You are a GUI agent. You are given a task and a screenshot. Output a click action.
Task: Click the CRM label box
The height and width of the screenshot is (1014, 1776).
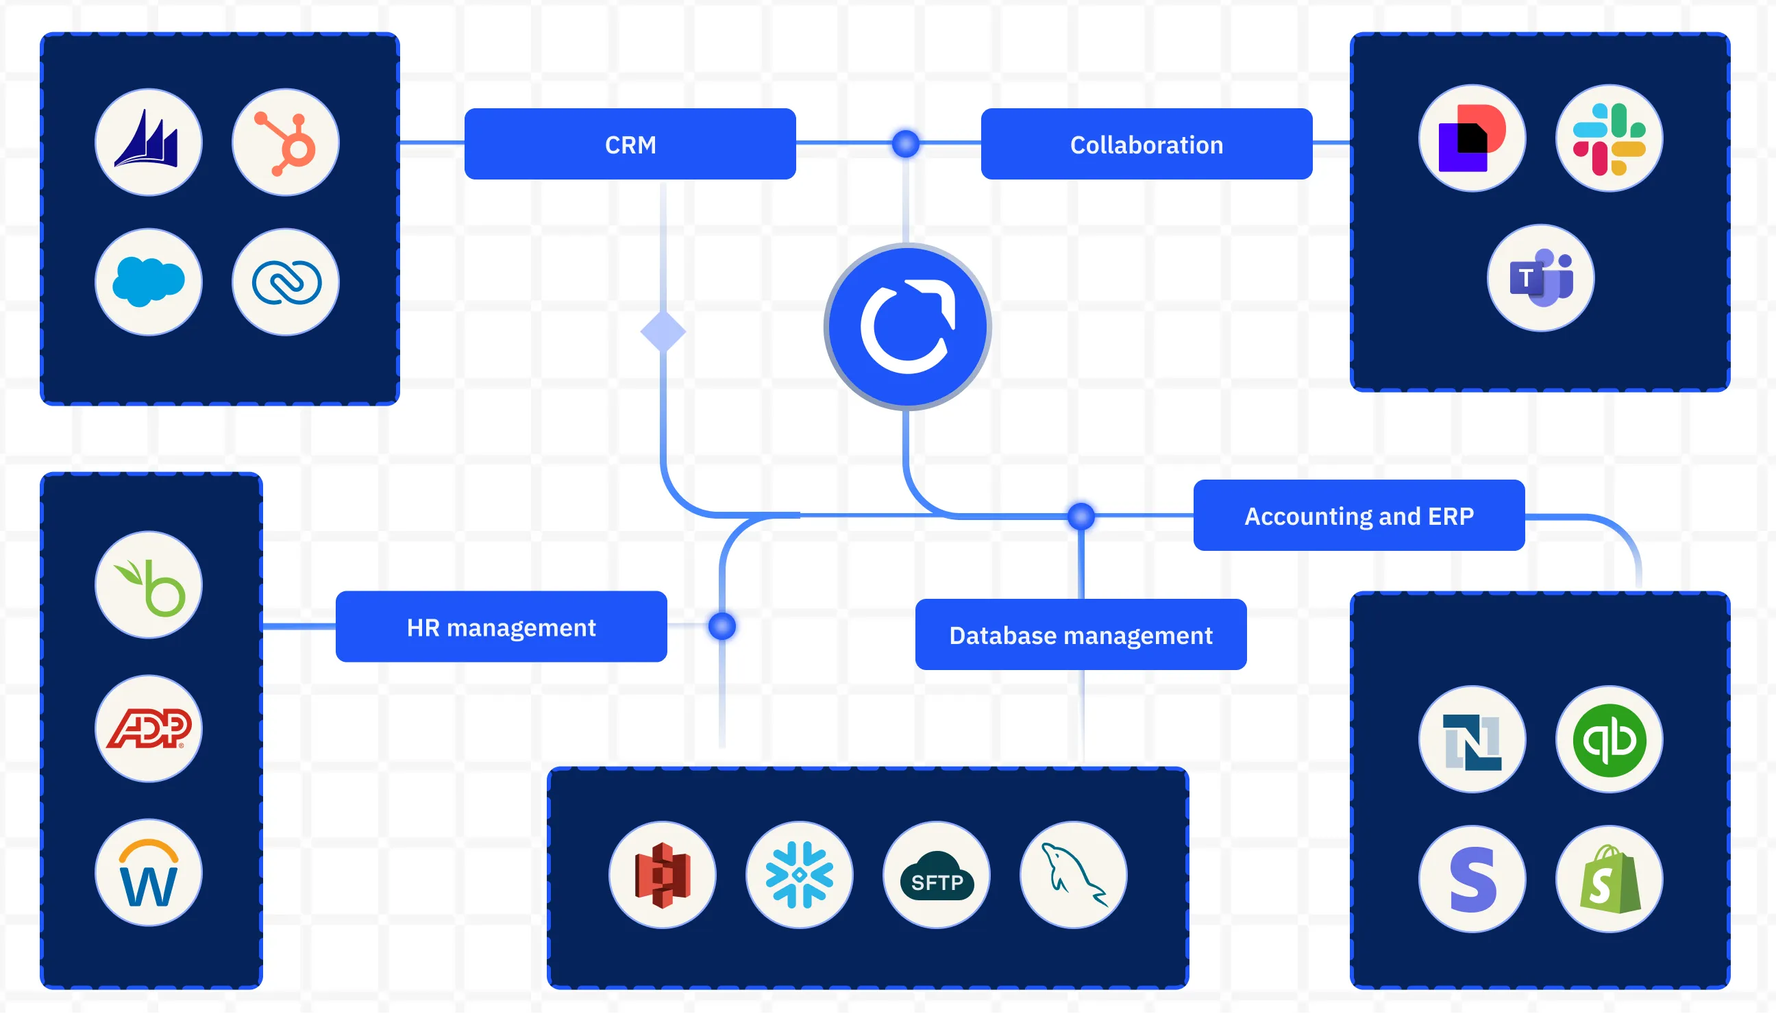(630, 144)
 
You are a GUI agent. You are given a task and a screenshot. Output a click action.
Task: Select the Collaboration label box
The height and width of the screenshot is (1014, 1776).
(1146, 144)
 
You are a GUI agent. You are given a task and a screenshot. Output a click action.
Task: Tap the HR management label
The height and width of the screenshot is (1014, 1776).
(501, 627)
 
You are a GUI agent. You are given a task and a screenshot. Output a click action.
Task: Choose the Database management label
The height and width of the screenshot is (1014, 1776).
(1081, 634)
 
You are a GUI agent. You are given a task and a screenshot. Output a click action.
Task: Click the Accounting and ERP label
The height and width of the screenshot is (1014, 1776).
(1358, 515)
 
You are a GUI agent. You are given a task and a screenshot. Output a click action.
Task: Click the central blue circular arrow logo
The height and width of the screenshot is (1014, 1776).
(907, 327)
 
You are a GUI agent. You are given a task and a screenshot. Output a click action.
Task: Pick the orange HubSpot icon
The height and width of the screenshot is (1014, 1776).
(286, 142)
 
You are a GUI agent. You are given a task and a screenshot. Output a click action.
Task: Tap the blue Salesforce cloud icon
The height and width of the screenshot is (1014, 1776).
(149, 282)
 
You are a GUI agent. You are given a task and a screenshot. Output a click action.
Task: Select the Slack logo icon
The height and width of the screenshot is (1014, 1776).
(1608, 138)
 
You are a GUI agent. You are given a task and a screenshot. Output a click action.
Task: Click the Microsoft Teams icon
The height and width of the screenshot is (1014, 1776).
(1540, 278)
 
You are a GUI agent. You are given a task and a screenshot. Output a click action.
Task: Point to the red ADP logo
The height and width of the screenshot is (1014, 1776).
(149, 728)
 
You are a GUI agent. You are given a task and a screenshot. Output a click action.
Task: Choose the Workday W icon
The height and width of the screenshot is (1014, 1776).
(149, 872)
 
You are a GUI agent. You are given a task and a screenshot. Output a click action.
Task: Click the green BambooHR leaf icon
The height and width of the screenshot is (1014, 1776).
(149, 585)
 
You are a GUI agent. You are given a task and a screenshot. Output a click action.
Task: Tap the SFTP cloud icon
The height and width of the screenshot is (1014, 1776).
(936, 875)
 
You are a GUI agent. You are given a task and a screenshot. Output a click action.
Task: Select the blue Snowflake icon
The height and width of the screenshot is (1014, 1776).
(799, 875)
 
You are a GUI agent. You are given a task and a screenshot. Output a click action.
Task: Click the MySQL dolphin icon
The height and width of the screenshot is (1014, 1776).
(1073, 875)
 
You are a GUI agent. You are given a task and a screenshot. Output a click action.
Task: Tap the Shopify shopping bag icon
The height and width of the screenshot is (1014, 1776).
(1608, 879)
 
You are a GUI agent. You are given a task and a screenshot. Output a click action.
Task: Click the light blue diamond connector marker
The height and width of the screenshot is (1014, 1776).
(663, 332)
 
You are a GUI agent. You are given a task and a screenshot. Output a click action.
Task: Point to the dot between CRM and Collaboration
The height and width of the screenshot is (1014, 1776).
(905, 143)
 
